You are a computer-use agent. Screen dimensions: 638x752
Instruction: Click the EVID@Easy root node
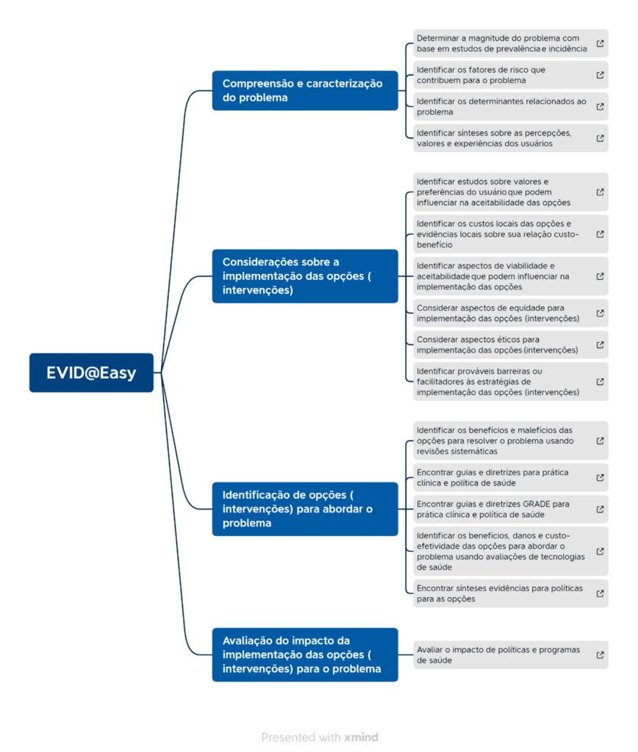point(91,372)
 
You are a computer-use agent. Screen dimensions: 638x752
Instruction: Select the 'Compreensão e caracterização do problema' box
point(305,90)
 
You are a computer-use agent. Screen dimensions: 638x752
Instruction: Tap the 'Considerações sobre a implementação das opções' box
point(305,276)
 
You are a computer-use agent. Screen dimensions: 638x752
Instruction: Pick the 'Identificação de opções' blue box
point(305,509)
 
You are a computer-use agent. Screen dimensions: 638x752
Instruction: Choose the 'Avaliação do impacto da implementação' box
point(305,654)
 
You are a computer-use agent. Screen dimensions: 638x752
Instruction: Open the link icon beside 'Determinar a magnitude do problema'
point(600,43)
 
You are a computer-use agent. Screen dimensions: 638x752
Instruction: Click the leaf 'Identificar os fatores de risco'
point(511,75)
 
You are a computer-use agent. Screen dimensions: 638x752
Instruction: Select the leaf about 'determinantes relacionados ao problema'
point(511,106)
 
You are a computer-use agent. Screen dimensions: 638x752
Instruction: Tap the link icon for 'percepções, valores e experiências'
point(600,138)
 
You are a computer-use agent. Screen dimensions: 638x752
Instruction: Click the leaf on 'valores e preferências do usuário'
point(511,192)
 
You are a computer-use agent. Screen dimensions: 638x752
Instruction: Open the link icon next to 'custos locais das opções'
point(600,234)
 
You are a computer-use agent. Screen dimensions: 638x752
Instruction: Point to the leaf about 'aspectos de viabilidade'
point(511,276)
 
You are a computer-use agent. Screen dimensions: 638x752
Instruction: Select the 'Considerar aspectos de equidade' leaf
point(511,313)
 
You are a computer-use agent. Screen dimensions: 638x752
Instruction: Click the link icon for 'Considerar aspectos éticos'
point(600,345)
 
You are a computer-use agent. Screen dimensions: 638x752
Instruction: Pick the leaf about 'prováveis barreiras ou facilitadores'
point(511,382)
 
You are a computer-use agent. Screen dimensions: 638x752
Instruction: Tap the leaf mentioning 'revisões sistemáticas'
point(511,441)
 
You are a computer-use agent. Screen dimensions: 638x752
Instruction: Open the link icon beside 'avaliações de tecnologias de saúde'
point(600,552)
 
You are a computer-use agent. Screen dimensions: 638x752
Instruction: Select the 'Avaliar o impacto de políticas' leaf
point(511,654)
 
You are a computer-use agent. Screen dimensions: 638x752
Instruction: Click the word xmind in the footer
point(361,737)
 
